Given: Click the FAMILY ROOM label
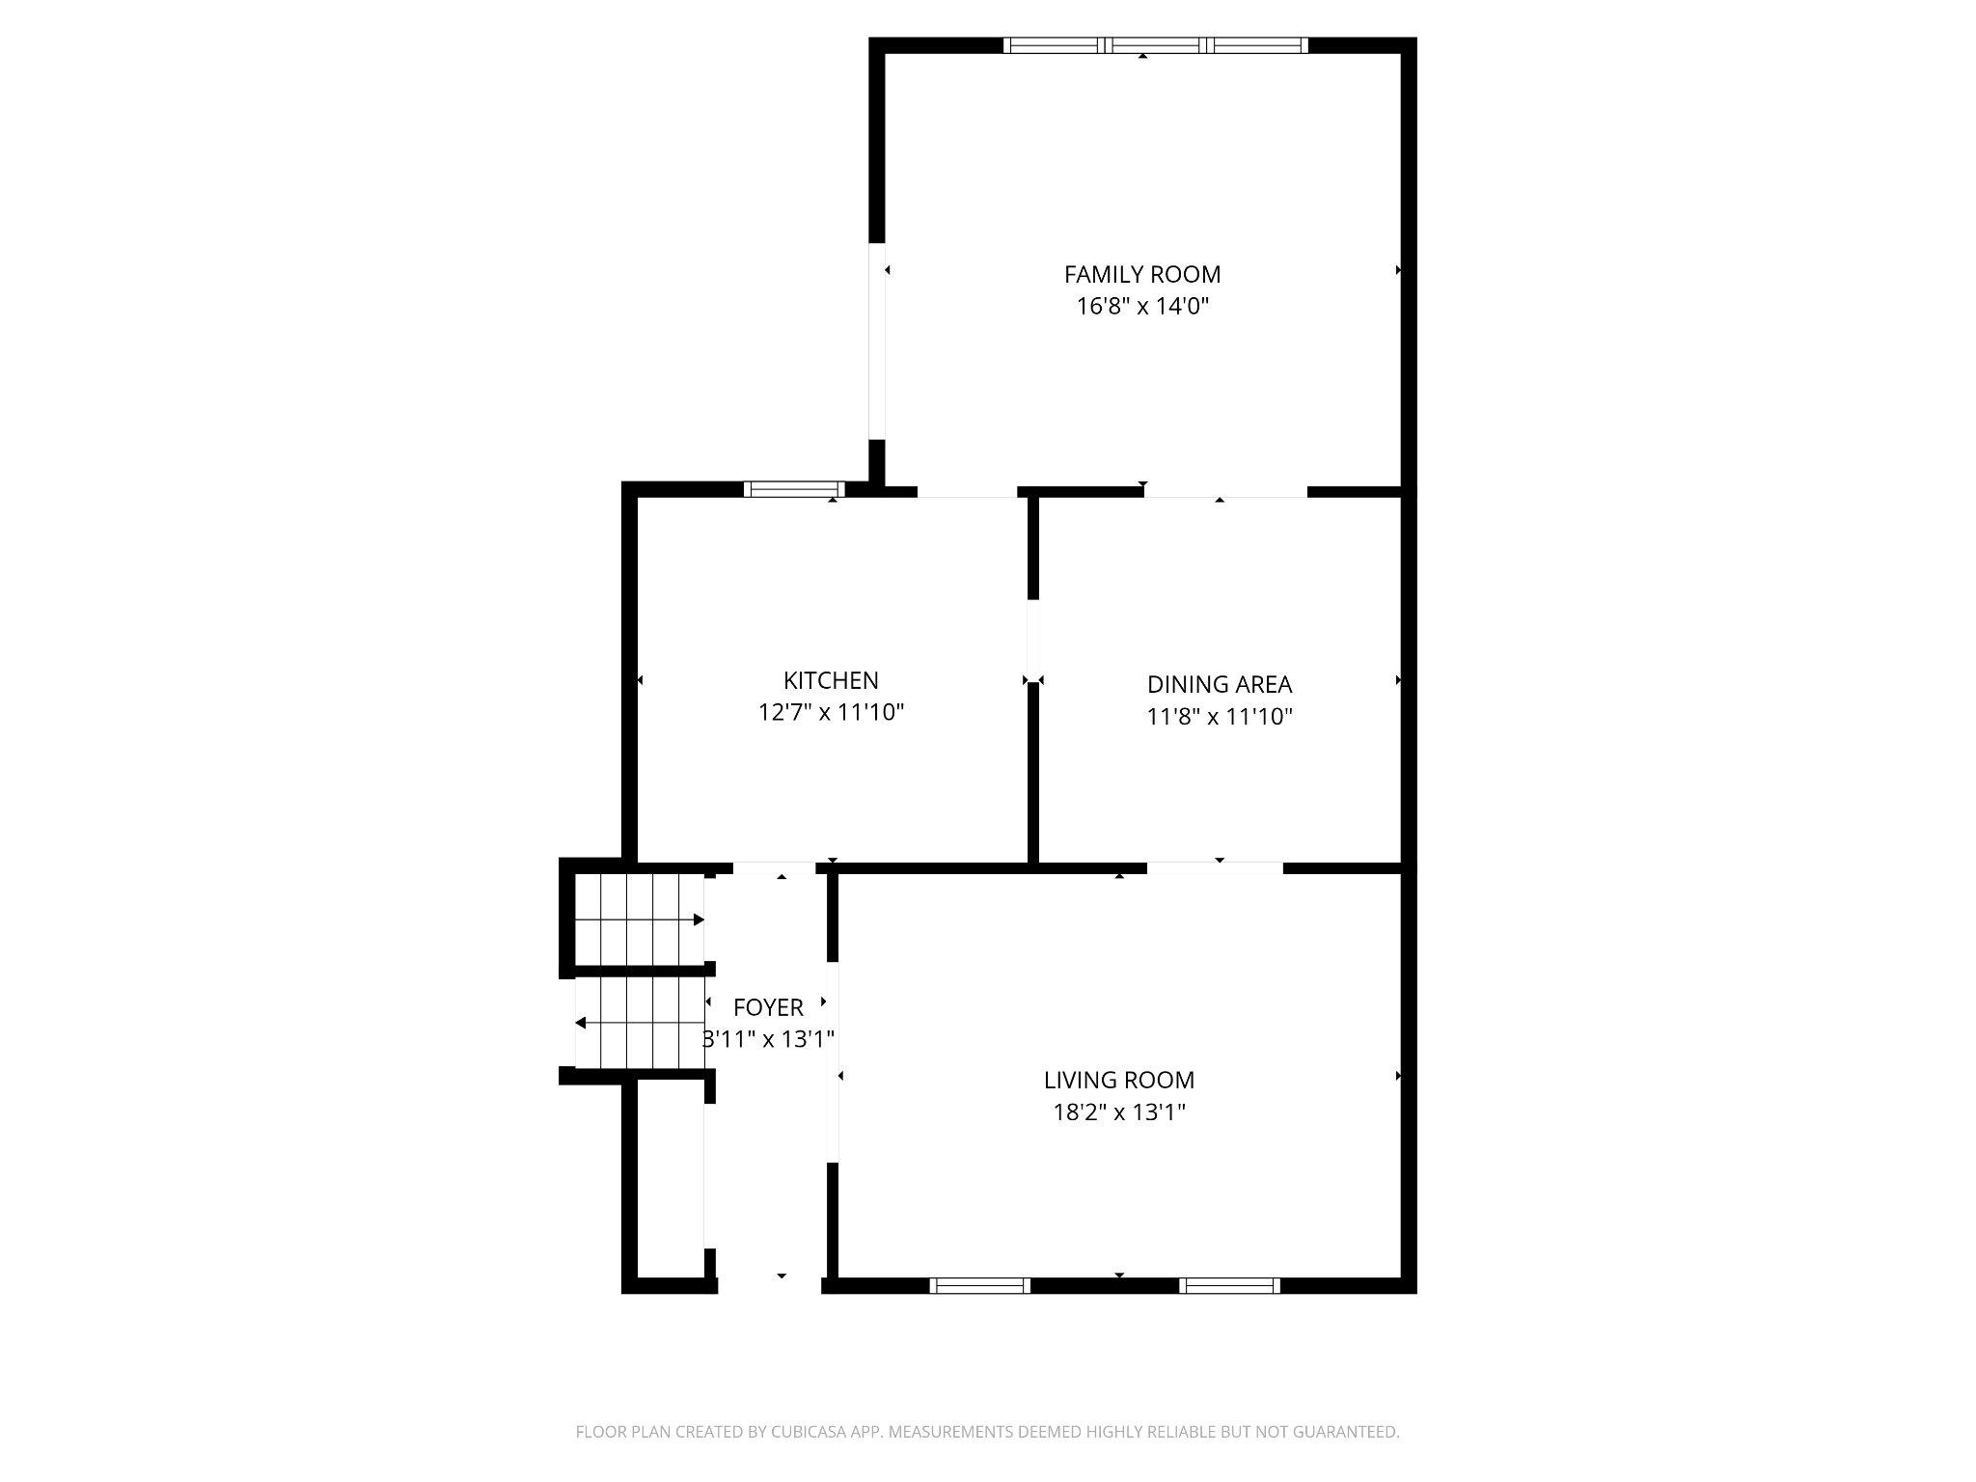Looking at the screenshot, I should pyautogui.click(x=1142, y=275).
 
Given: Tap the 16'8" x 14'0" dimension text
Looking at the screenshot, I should pyautogui.click(x=1142, y=307).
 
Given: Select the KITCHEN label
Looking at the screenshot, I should pyautogui.click(x=831, y=680).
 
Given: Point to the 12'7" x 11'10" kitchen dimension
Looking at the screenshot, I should pyautogui.click(x=831, y=713).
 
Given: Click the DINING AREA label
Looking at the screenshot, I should pyautogui.click(x=1219, y=684).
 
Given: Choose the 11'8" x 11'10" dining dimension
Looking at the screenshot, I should pyautogui.click(x=1219, y=717).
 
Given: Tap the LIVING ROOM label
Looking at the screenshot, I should pyautogui.click(x=1118, y=1080).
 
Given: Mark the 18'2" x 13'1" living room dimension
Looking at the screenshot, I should pyautogui.click(x=1118, y=1112).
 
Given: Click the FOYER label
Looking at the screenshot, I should pyautogui.click(x=768, y=1007).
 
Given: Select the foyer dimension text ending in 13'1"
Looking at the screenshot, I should pyautogui.click(x=768, y=1039).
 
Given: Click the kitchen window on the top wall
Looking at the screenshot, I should pyautogui.click(x=794, y=489).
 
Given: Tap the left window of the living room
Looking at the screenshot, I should pyautogui.click(x=979, y=1285).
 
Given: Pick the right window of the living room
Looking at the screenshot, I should pyautogui.click(x=1229, y=1285).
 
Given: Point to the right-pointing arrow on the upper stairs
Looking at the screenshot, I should pyautogui.click(x=698, y=919).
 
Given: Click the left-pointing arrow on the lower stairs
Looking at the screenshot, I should pyautogui.click(x=581, y=1023).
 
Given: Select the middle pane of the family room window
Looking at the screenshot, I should pyautogui.click(x=1156, y=44).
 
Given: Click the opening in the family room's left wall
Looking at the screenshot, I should pyautogui.click(x=877, y=340).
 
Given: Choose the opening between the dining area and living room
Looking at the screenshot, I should pyautogui.click(x=1215, y=867).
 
